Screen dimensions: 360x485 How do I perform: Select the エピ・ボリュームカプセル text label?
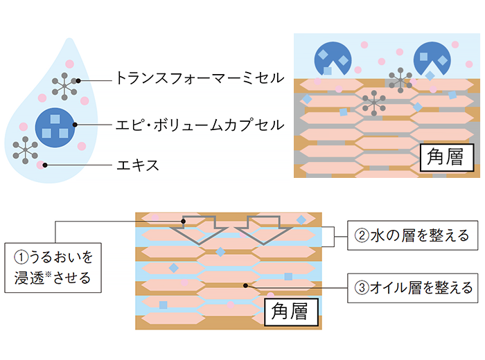pos(200,126)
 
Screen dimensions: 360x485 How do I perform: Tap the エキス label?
pos(138,165)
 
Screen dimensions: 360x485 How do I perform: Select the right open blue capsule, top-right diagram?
pos(433,57)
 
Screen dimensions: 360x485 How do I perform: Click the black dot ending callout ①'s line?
pos(183,221)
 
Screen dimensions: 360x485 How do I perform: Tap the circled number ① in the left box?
pos(21,258)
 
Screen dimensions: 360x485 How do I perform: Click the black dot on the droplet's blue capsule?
pos(76,126)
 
